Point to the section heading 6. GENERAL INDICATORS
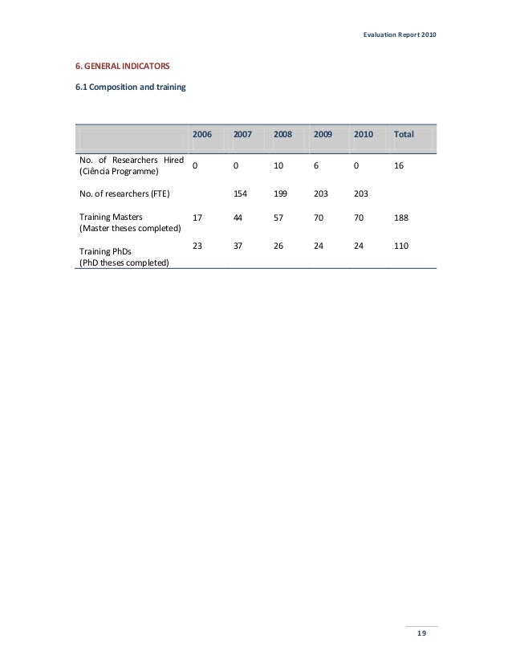[x=122, y=63]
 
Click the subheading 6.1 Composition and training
[x=130, y=87]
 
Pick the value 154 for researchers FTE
[x=240, y=193]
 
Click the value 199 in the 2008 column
[x=280, y=193]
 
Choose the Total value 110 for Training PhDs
[x=400, y=246]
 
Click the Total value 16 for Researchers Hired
[x=398, y=165]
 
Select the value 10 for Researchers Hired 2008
[x=278, y=165]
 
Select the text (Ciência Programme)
[x=119, y=172]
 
